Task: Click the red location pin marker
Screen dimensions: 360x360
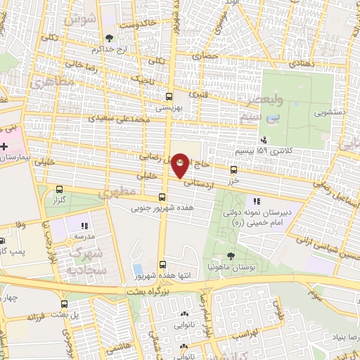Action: (180, 164)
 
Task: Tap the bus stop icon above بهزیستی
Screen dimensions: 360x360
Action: (168, 97)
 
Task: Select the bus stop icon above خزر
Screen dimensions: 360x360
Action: (234, 169)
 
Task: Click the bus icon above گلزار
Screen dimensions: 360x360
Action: (60, 189)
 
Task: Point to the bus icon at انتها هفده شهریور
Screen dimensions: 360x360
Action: (163, 265)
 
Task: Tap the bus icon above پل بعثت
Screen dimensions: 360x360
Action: (65, 304)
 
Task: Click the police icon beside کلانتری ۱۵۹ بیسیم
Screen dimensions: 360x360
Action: (263, 140)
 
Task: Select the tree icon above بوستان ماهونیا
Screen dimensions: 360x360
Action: (231, 256)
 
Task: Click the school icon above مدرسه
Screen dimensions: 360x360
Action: (84, 226)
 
